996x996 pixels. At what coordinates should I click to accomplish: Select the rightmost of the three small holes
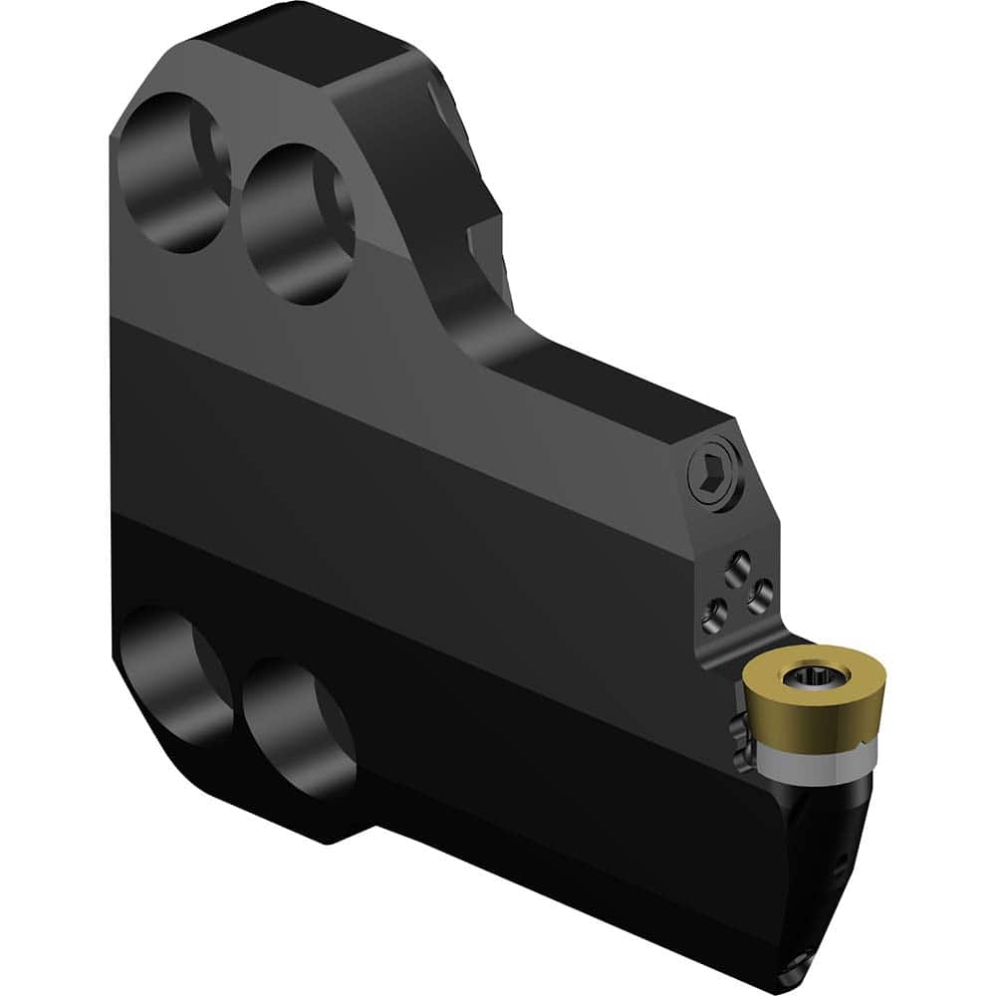pos(759,596)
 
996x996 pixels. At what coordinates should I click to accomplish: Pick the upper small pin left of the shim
pos(738,726)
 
